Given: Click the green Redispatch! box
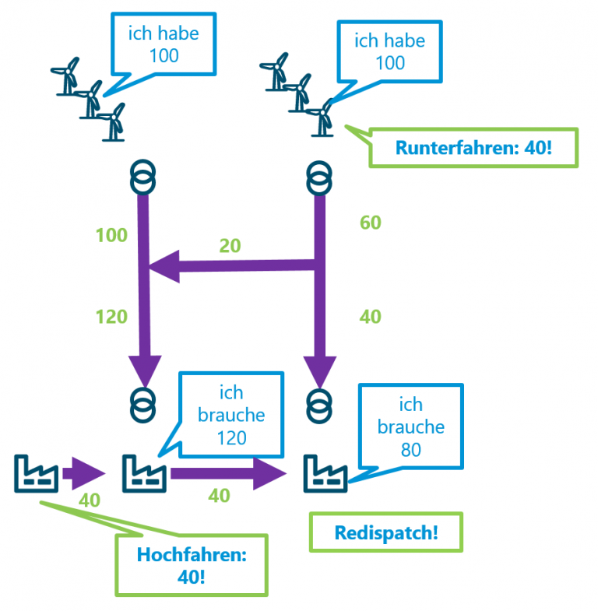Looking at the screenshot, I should tap(385, 533).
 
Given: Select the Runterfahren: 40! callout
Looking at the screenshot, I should tap(473, 146).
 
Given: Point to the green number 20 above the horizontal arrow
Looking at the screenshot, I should tap(230, 246).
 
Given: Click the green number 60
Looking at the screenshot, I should tap(370, 223).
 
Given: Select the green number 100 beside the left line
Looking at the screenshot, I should tap(111, 235).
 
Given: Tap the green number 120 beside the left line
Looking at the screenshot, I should tap(111, 316).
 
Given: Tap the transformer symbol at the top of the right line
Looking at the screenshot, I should tap(318, 177).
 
